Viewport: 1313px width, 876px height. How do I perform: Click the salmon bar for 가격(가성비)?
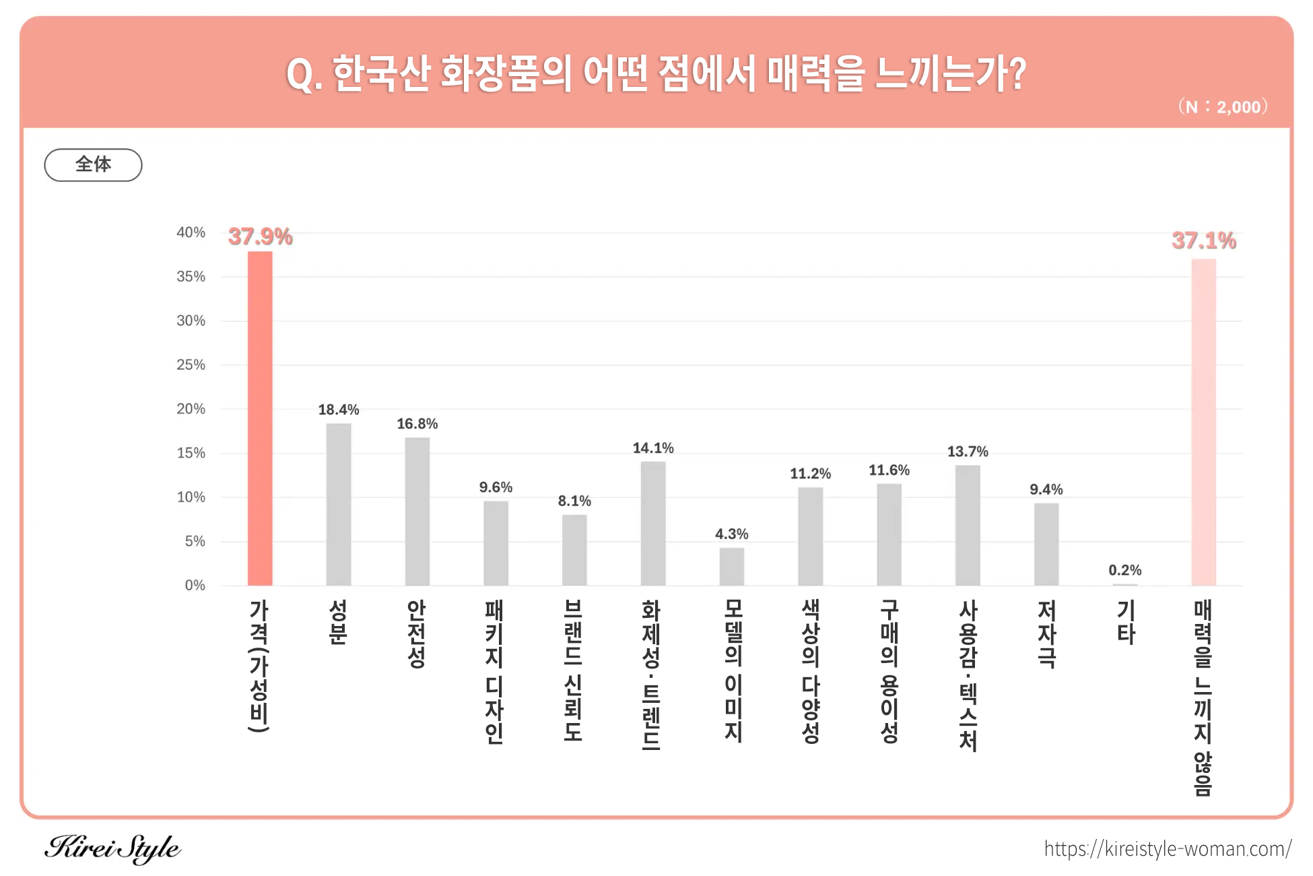(260, 418)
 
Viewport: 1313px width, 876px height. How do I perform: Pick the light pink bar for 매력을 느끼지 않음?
(1203, 422)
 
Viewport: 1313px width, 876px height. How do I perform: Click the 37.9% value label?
(260, 237)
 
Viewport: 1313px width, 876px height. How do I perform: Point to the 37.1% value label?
(1203, 241)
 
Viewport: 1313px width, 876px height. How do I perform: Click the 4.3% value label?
(731, 534)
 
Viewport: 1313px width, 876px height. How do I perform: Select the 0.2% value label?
(1124, 570)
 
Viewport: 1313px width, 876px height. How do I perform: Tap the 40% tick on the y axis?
(191, 232)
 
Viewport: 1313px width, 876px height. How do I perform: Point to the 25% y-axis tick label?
(191, 365)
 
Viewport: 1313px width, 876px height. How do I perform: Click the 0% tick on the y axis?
(195, 585)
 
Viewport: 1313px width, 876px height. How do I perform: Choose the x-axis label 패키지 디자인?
(495, 671)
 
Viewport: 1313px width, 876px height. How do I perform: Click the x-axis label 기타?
(1125, 622)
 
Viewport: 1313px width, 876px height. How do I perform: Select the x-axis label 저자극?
(1046, 633)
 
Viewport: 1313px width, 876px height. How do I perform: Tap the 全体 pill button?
(93, 164)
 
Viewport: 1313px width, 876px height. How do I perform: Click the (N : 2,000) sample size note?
(1222, 106)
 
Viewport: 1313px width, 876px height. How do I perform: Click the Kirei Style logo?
(112, 848)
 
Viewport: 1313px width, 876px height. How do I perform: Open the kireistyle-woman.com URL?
(1167, 848)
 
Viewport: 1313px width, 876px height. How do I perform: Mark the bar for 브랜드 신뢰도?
(574, 550)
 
